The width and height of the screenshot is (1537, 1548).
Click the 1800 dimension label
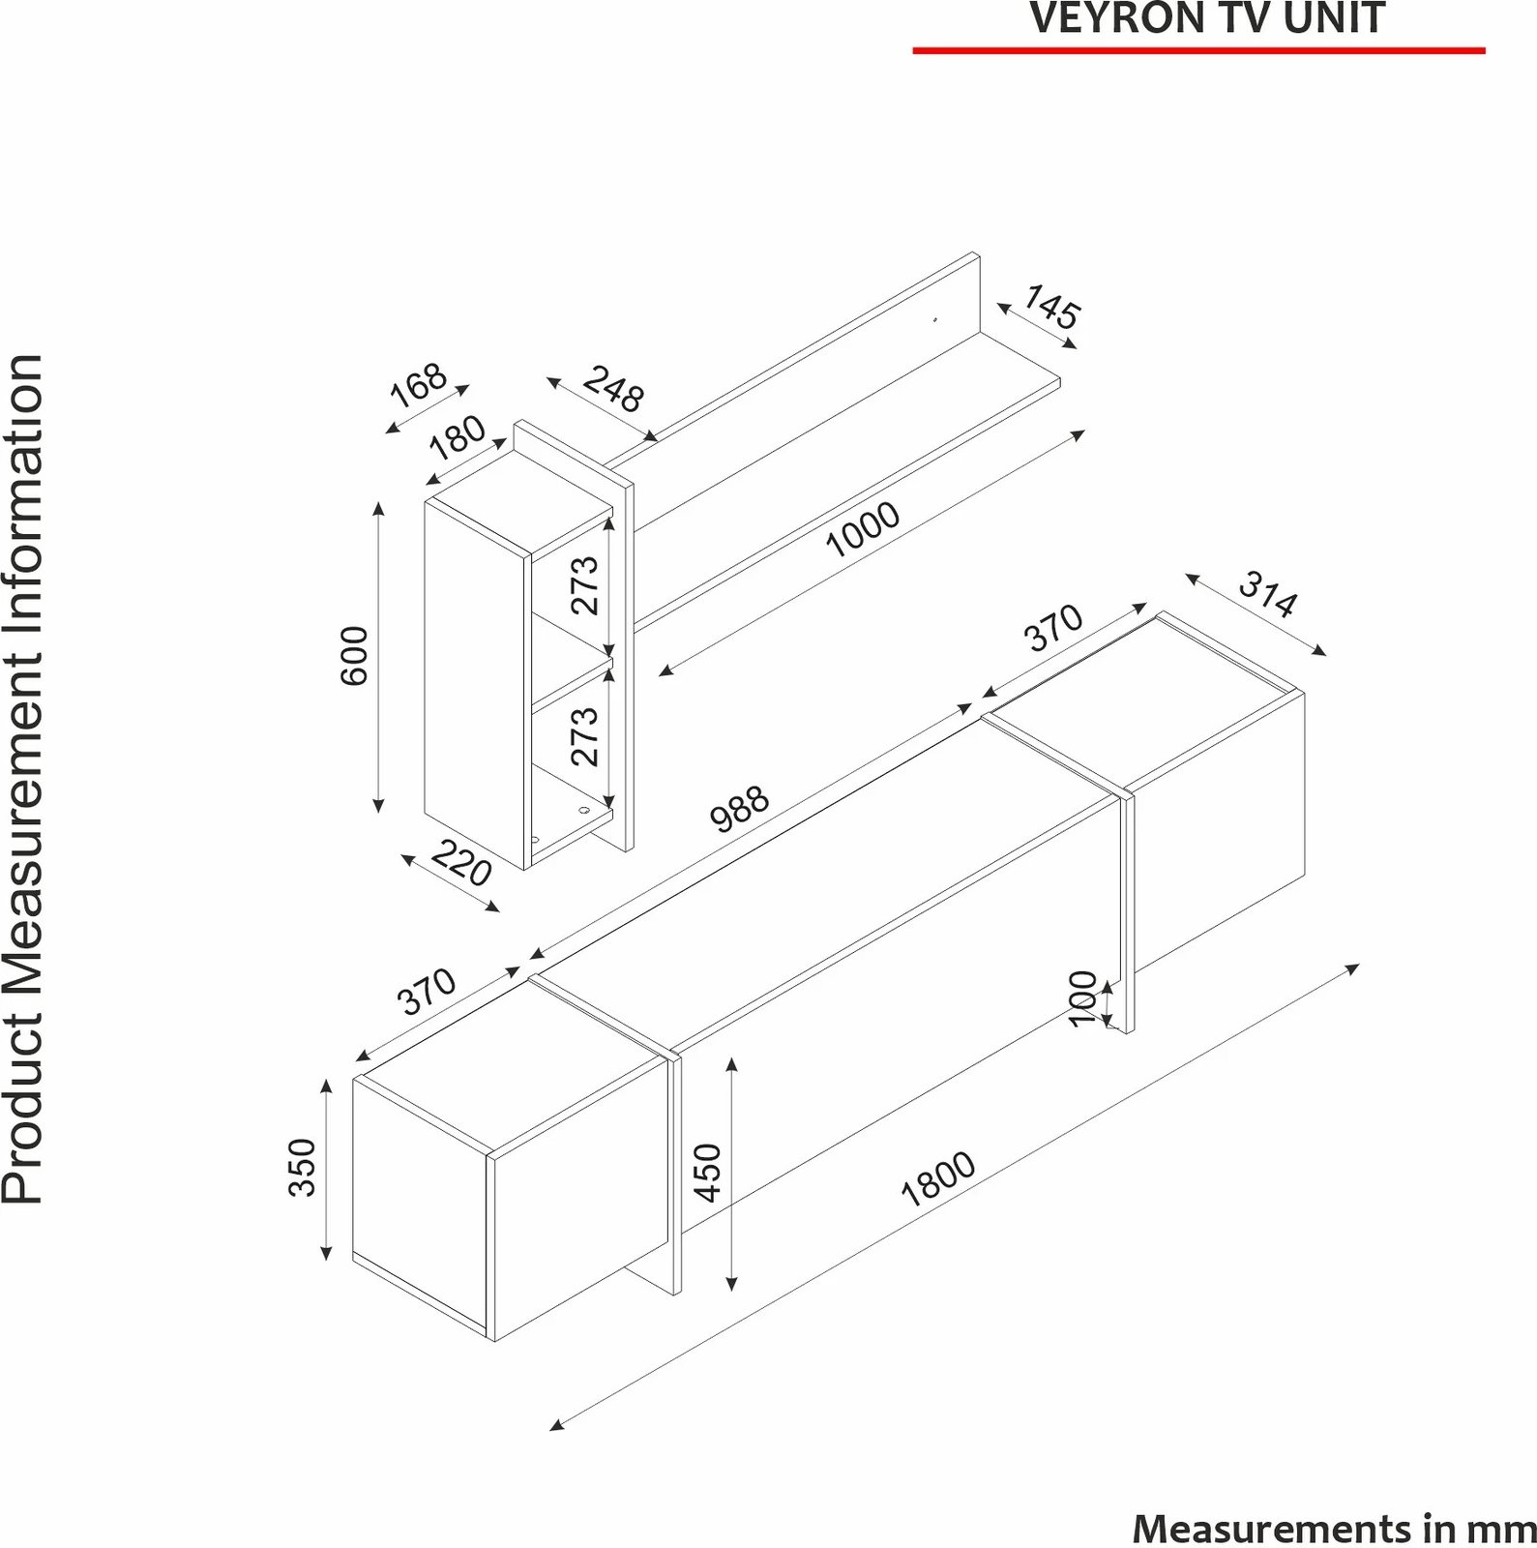(937, 1179)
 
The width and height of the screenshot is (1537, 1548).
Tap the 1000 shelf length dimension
(863, 530)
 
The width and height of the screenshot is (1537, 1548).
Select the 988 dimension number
(740, 809)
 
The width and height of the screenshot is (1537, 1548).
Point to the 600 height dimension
(355, 656)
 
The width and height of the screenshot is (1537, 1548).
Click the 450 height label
(709, 1173)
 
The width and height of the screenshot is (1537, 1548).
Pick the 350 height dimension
(303, 1168)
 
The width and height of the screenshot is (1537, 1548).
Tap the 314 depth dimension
(1267, 594)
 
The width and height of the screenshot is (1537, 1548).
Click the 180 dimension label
(458, 436)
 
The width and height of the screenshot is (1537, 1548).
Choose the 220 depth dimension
(461, 863)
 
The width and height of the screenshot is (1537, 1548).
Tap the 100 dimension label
(1083, 998)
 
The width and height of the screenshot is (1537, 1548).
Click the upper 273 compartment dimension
(585, 584)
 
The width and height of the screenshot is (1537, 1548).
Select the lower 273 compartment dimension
(585, 736)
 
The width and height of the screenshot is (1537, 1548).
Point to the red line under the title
(1199, 49)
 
